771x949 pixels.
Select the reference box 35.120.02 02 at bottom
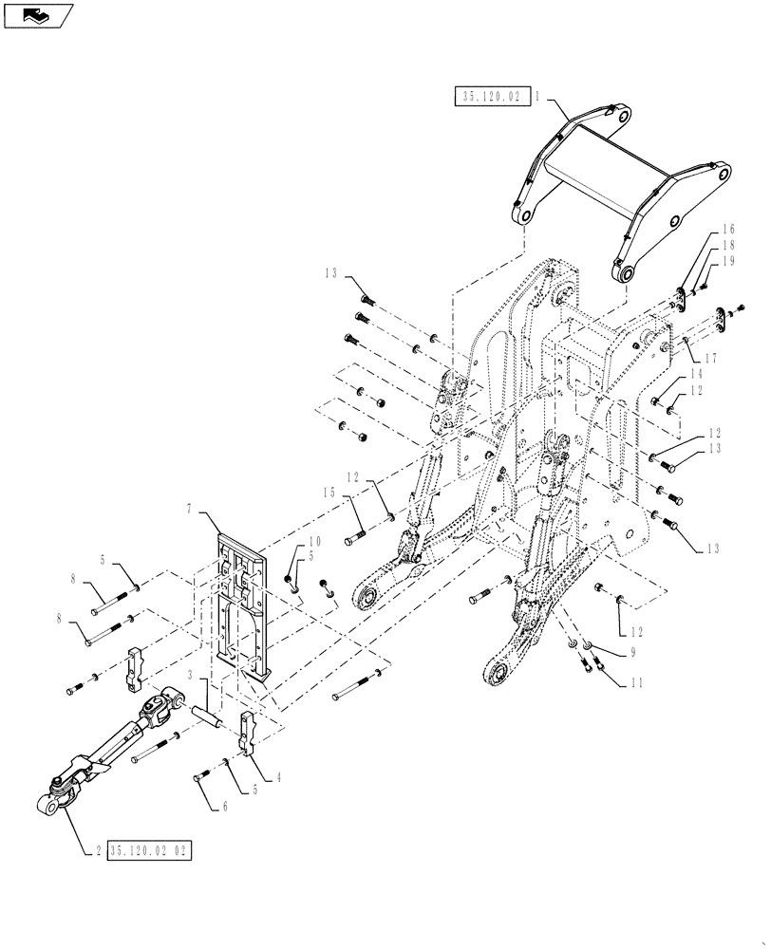pos(150,849)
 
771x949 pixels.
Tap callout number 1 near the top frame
pos(537,96)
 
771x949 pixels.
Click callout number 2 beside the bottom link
pos(98,849)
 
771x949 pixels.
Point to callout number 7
pos(190,510)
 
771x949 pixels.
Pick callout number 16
pos(728,230)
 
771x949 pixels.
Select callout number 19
pos(728,260)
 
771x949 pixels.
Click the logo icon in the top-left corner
pos(38,14)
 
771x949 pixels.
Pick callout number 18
pos(728,245)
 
